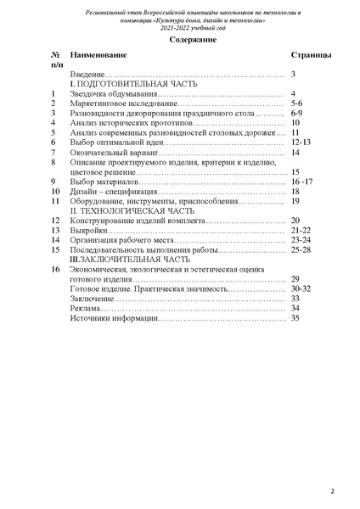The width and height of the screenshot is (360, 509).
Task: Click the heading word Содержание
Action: click(x=180, y=40)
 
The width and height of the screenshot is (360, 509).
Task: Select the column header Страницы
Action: click(x=311, y=54)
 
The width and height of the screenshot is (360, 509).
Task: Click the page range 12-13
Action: click(x=300, y=143)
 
